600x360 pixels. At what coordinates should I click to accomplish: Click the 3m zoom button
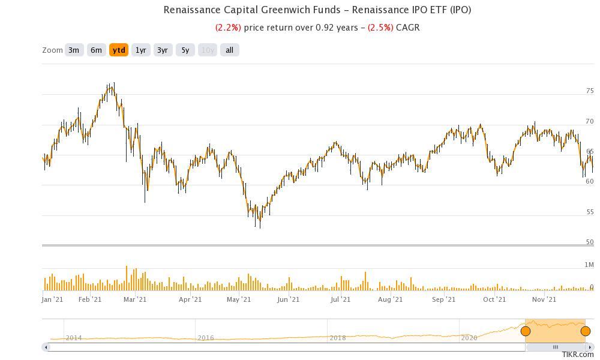(74, 50)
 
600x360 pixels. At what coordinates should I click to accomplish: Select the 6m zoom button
(96, 50)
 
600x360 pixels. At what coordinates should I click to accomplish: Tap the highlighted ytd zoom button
(119, 50)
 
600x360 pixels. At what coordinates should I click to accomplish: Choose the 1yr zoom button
(141, 50)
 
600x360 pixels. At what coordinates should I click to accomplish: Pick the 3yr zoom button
(163, 50)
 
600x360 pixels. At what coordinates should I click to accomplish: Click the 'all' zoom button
(229, 50)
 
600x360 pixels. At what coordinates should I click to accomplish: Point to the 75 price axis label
(590, 91)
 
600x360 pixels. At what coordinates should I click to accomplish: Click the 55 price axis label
(590, 212)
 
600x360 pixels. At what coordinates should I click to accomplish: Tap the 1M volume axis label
(589, 265)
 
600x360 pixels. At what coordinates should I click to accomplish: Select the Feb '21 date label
(90, 299)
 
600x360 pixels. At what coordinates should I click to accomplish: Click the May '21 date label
(239, 299)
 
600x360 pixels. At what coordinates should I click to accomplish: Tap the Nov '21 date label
(544, 299)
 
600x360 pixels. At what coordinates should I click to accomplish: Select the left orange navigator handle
(526, 331)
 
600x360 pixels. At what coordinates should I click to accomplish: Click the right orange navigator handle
(586, 331)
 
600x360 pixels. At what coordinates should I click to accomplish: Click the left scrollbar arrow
(46, 347)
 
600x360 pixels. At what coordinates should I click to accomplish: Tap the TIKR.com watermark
(578, 355)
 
